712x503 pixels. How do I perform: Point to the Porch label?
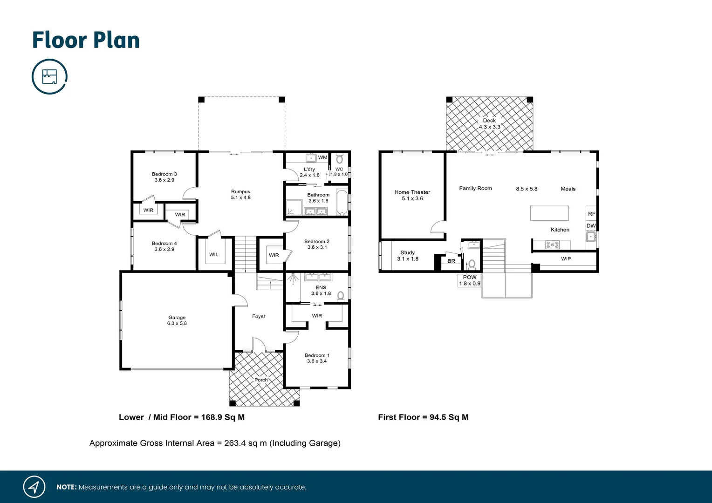point(261,380)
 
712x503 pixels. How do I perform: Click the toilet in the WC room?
point(339,159)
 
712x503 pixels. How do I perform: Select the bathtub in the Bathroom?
point(342,202)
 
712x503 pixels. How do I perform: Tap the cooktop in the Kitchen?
point(552,245)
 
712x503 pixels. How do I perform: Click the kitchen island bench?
point(549,213)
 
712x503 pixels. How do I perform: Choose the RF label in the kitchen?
point(591,214)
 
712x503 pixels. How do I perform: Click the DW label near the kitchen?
point(591,226)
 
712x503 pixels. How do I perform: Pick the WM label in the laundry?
point(322,157)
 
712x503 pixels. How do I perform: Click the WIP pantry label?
point(566,259)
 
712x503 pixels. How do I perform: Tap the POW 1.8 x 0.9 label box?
point(470,280)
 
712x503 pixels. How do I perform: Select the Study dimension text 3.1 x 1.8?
point(408,259)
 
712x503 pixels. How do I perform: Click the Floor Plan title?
point(86,41)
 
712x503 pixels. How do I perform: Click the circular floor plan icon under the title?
point(49,76)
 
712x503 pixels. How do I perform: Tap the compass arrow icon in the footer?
point(34,487)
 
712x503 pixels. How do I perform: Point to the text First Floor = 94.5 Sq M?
point(423,417)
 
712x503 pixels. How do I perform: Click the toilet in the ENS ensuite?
point(341,295)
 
